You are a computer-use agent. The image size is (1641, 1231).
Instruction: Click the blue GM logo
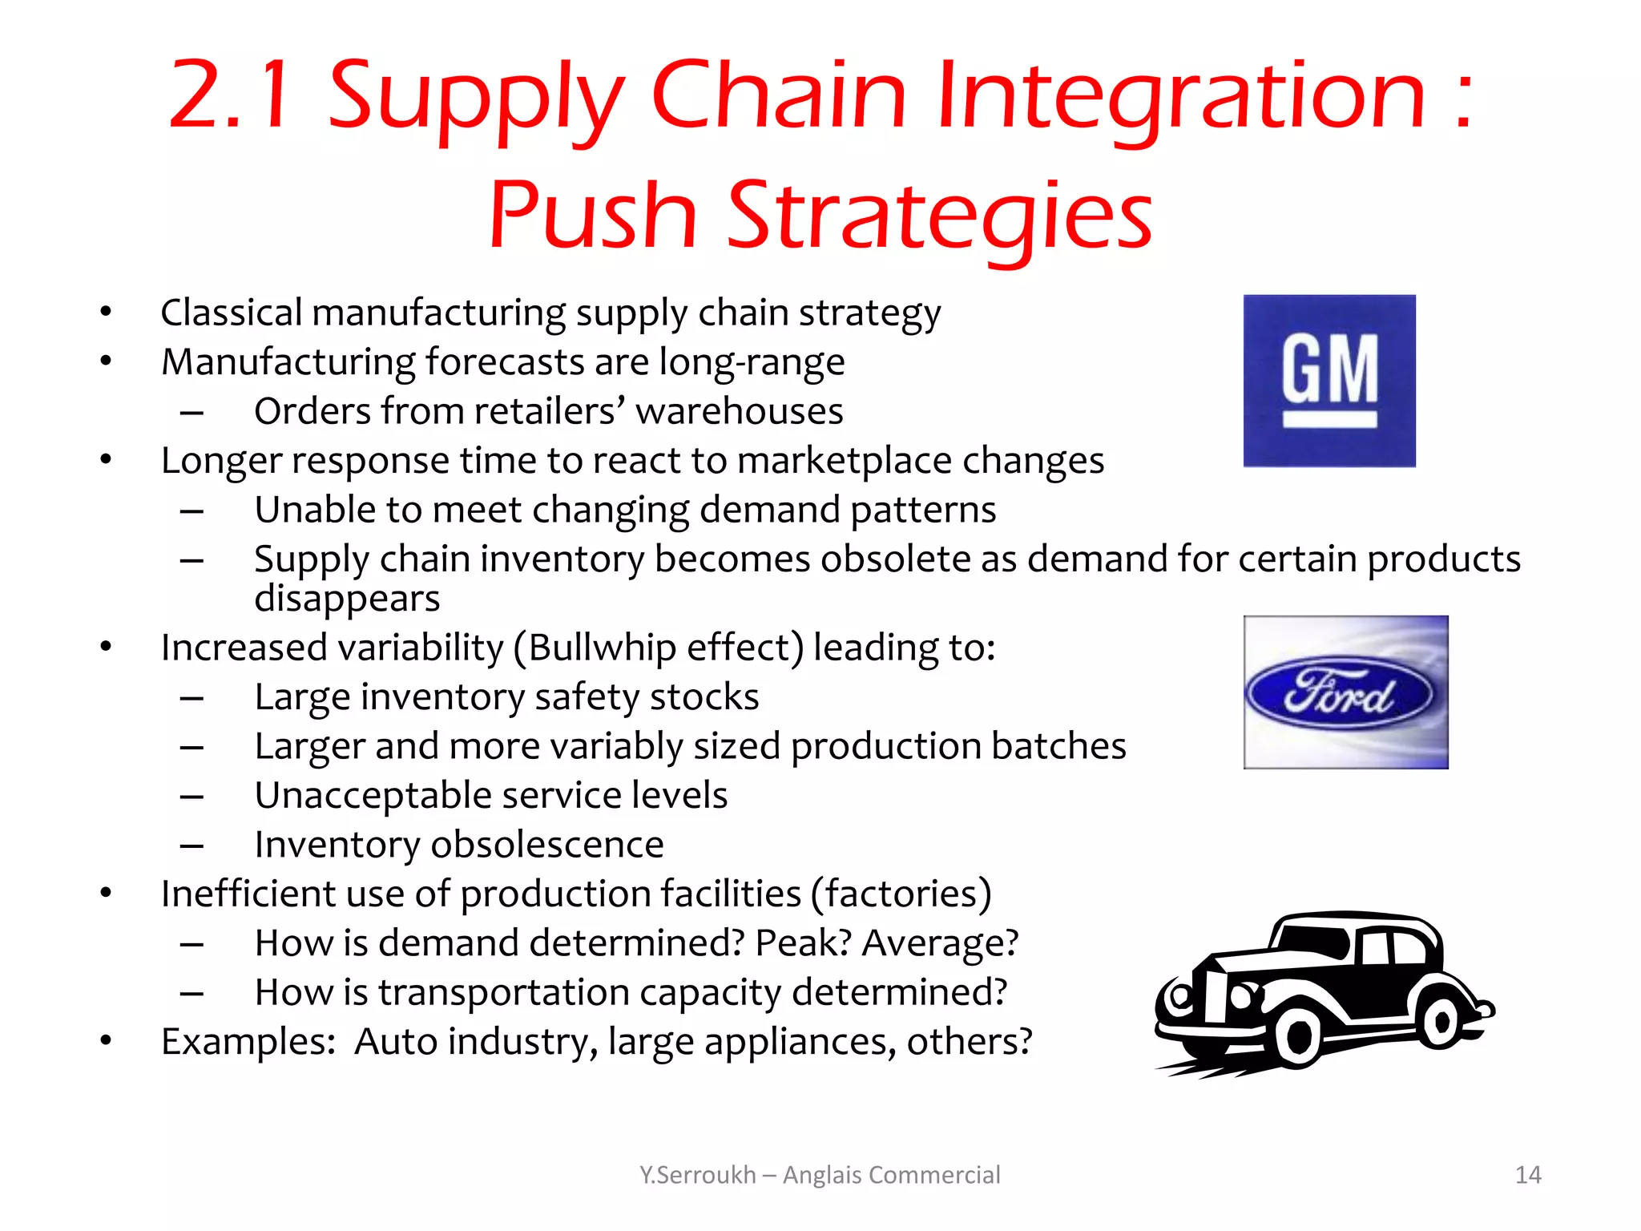[1329, 381]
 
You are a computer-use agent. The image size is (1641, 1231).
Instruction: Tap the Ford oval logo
[1340, 694]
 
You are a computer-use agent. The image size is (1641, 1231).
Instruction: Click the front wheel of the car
[1297, 1038]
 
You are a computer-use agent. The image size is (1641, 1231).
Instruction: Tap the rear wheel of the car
[1441, 1022]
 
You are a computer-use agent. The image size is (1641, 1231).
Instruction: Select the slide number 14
[1528, 1175]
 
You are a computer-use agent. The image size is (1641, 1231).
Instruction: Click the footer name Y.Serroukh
[697, 1175]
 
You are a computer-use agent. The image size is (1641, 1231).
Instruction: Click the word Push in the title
[593, 215]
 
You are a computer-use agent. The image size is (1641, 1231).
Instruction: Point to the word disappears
[347, 599]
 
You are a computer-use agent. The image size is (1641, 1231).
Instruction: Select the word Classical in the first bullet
[232, 313]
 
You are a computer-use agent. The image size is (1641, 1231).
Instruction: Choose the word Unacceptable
[373, 796]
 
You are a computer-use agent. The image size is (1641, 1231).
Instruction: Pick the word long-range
[752, 362]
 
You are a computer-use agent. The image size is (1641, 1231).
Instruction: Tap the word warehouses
[739, 411]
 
